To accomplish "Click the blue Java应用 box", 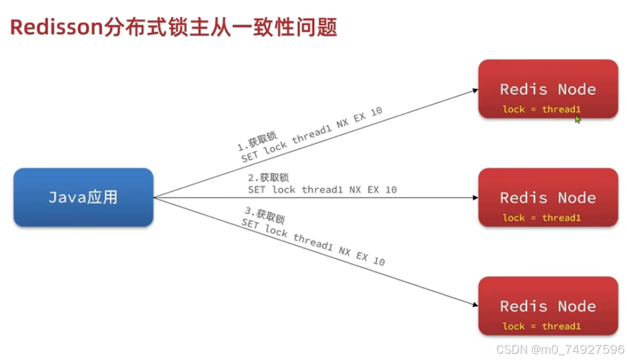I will point(83,197).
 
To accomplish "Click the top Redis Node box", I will point(547,89).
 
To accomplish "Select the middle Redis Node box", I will point(547,197).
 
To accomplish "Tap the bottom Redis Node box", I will point(547,306).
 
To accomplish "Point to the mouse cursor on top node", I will point(577,119).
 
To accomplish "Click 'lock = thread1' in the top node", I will point(541,110).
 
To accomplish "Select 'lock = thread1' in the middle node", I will point(541,218).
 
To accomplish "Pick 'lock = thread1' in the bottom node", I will point(541,326).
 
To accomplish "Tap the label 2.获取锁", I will point(264,177).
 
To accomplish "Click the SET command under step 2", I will point(322,190).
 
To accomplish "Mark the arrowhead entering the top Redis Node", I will point(474,89).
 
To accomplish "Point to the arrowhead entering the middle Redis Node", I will point(474,198).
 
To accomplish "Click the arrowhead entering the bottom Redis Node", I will point(474,305).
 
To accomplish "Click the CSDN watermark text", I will point(510,349).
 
